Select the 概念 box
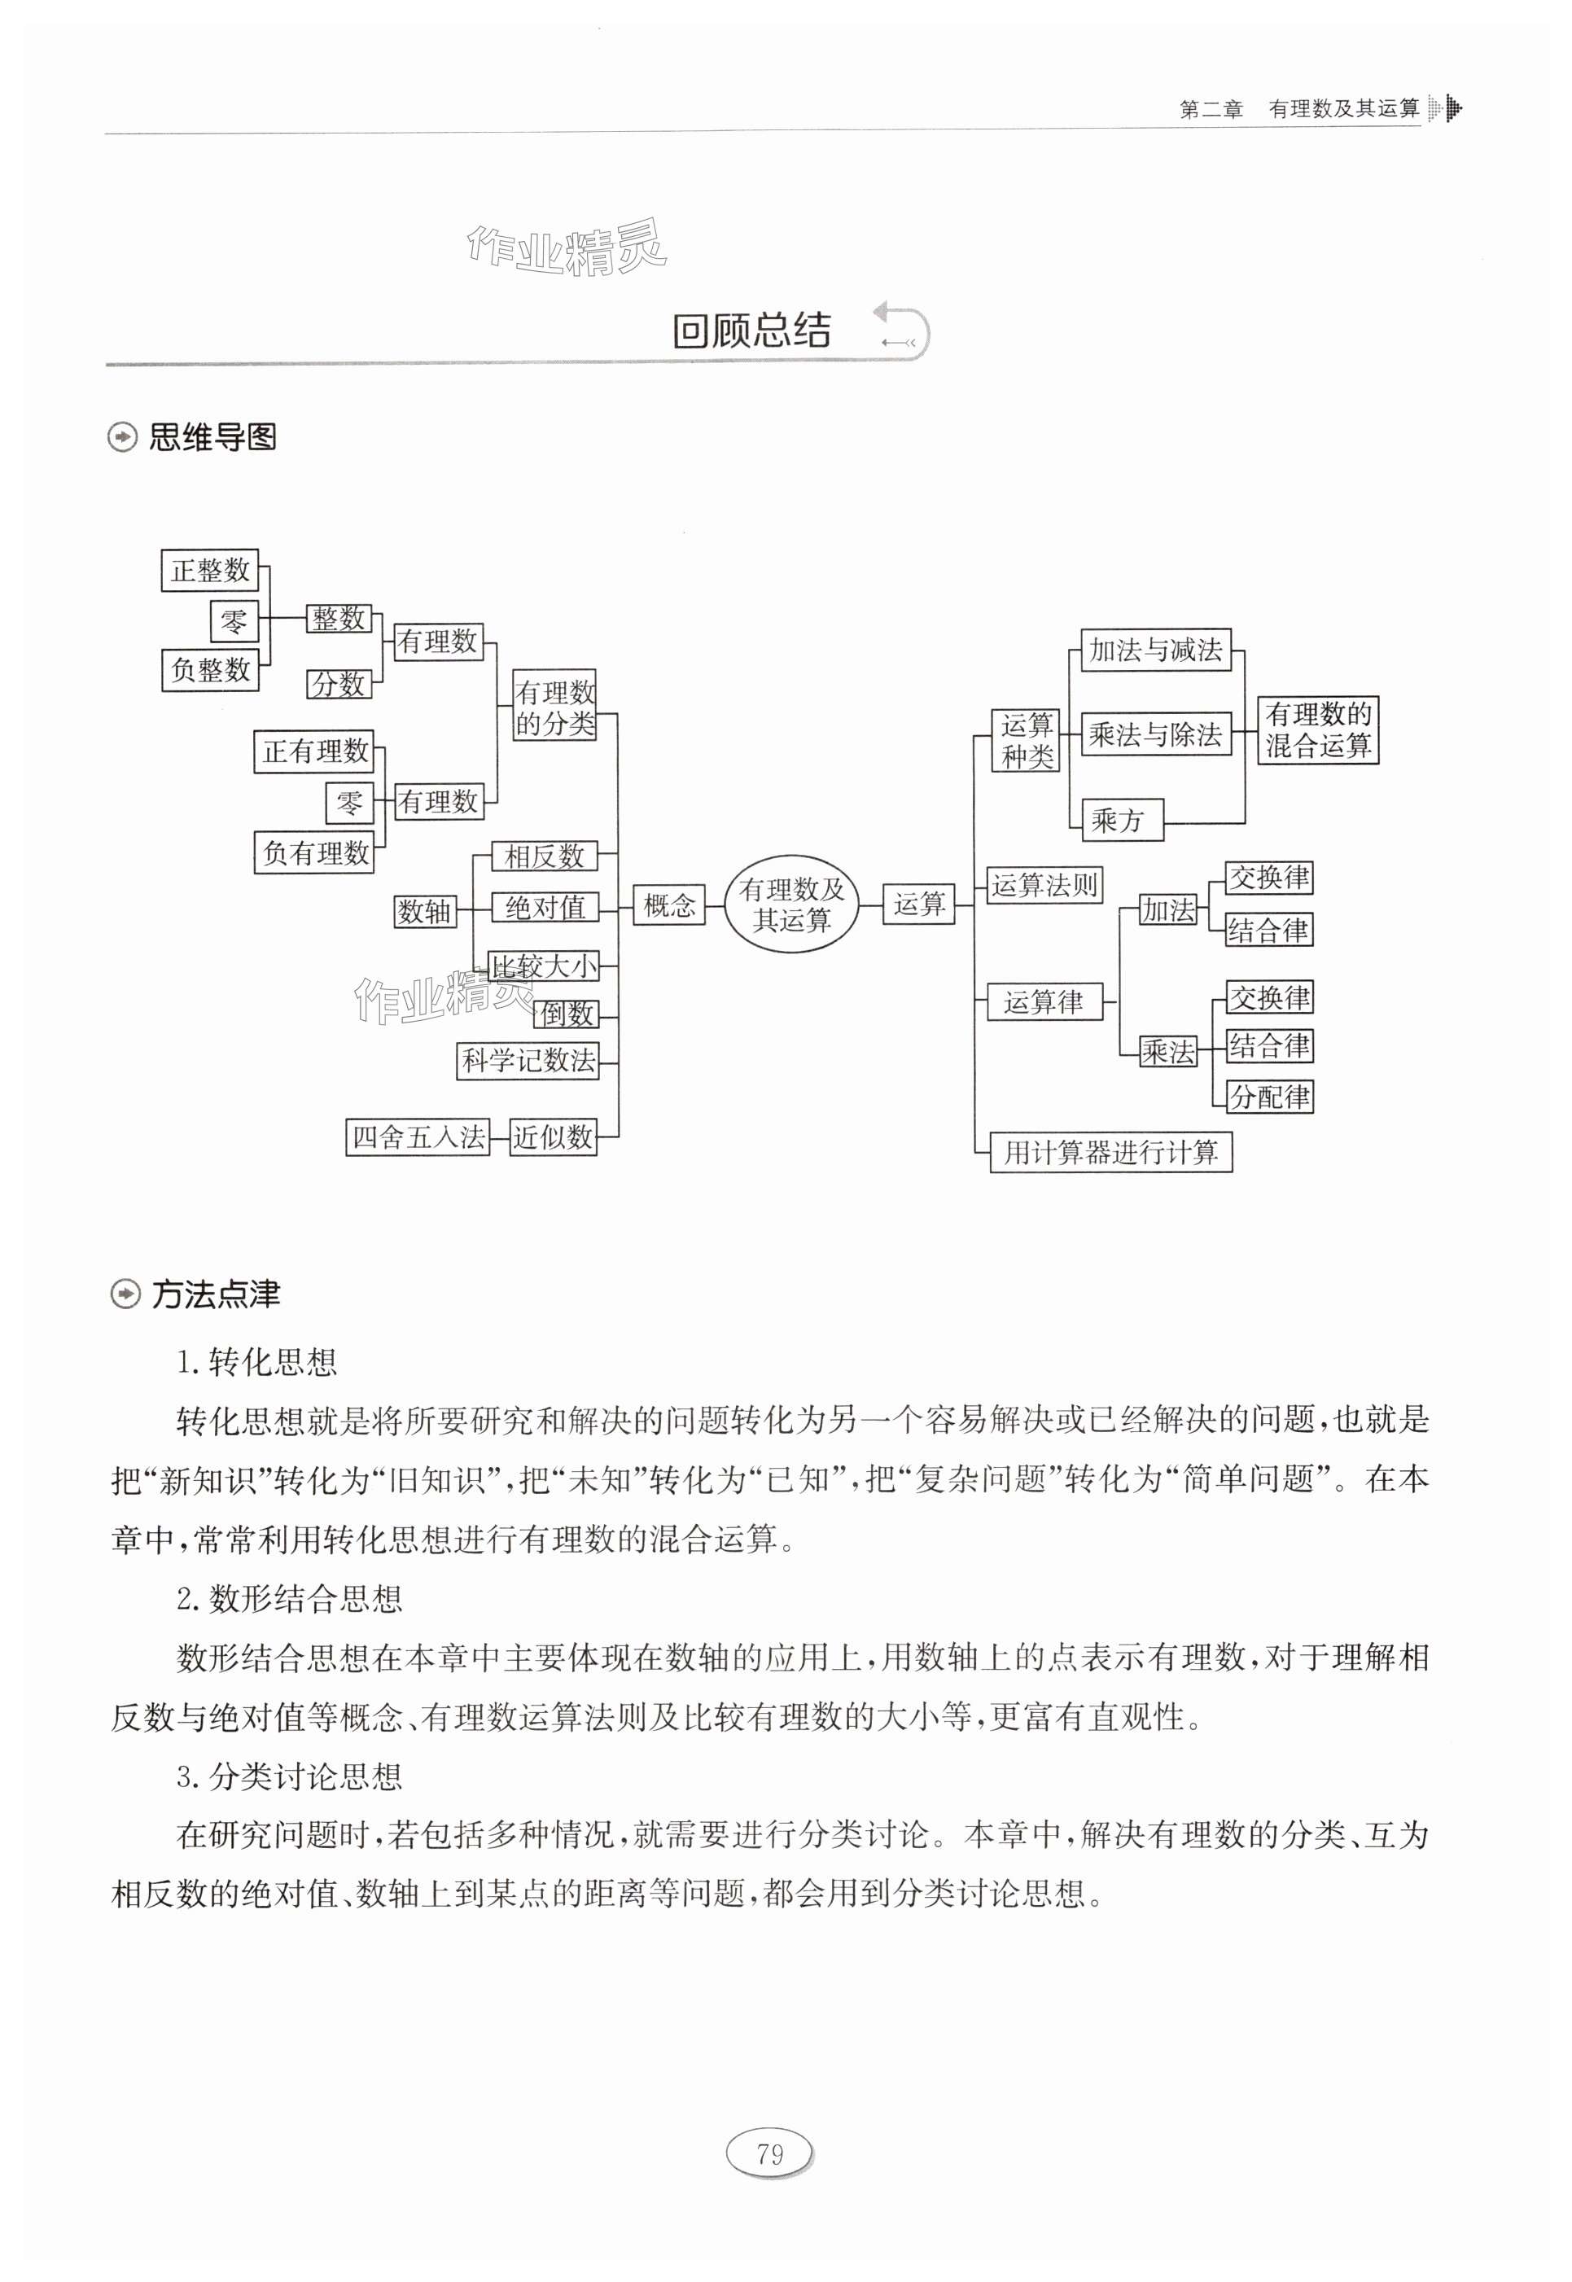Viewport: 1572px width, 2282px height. click(x=669, y=904)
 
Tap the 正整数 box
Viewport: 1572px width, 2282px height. click(x=210, y=570)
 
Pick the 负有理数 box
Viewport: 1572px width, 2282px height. click(x=315, y=853)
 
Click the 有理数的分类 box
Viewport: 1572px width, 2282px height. click(x=554, y=707)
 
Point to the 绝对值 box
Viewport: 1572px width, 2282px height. click(x=545, y=907)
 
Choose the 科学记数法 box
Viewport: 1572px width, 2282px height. click(x=528, y=1060)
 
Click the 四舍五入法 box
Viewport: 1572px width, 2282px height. click(x=418, y=1137)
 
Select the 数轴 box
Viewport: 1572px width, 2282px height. click(x=424, y=911)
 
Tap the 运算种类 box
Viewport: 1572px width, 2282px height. click(x=1027, y=740)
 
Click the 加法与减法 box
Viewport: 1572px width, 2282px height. click(x=1155, y=650)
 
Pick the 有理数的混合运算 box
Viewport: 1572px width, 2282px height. click(x=1318, y=729)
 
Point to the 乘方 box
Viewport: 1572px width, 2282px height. click(x=1121, y=820)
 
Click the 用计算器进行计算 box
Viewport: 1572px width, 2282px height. click(x=1110, y=1151)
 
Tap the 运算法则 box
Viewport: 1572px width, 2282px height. click(x=1044, y=884)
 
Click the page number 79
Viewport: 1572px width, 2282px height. click(x=770, y=2154)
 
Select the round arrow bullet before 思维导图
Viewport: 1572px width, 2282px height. click(x=123, y=437)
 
